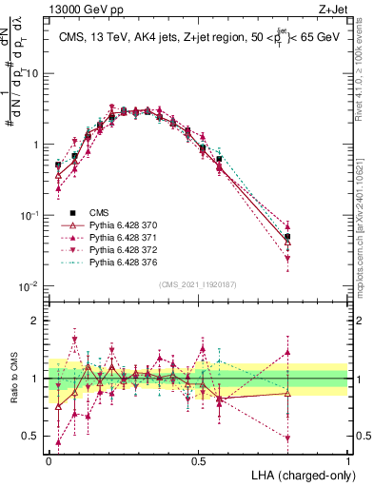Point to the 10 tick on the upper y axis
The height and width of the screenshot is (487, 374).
click(32, 73)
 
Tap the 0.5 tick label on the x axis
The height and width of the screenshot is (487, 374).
click(198, 460)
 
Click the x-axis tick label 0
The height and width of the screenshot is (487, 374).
click(49, 460)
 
